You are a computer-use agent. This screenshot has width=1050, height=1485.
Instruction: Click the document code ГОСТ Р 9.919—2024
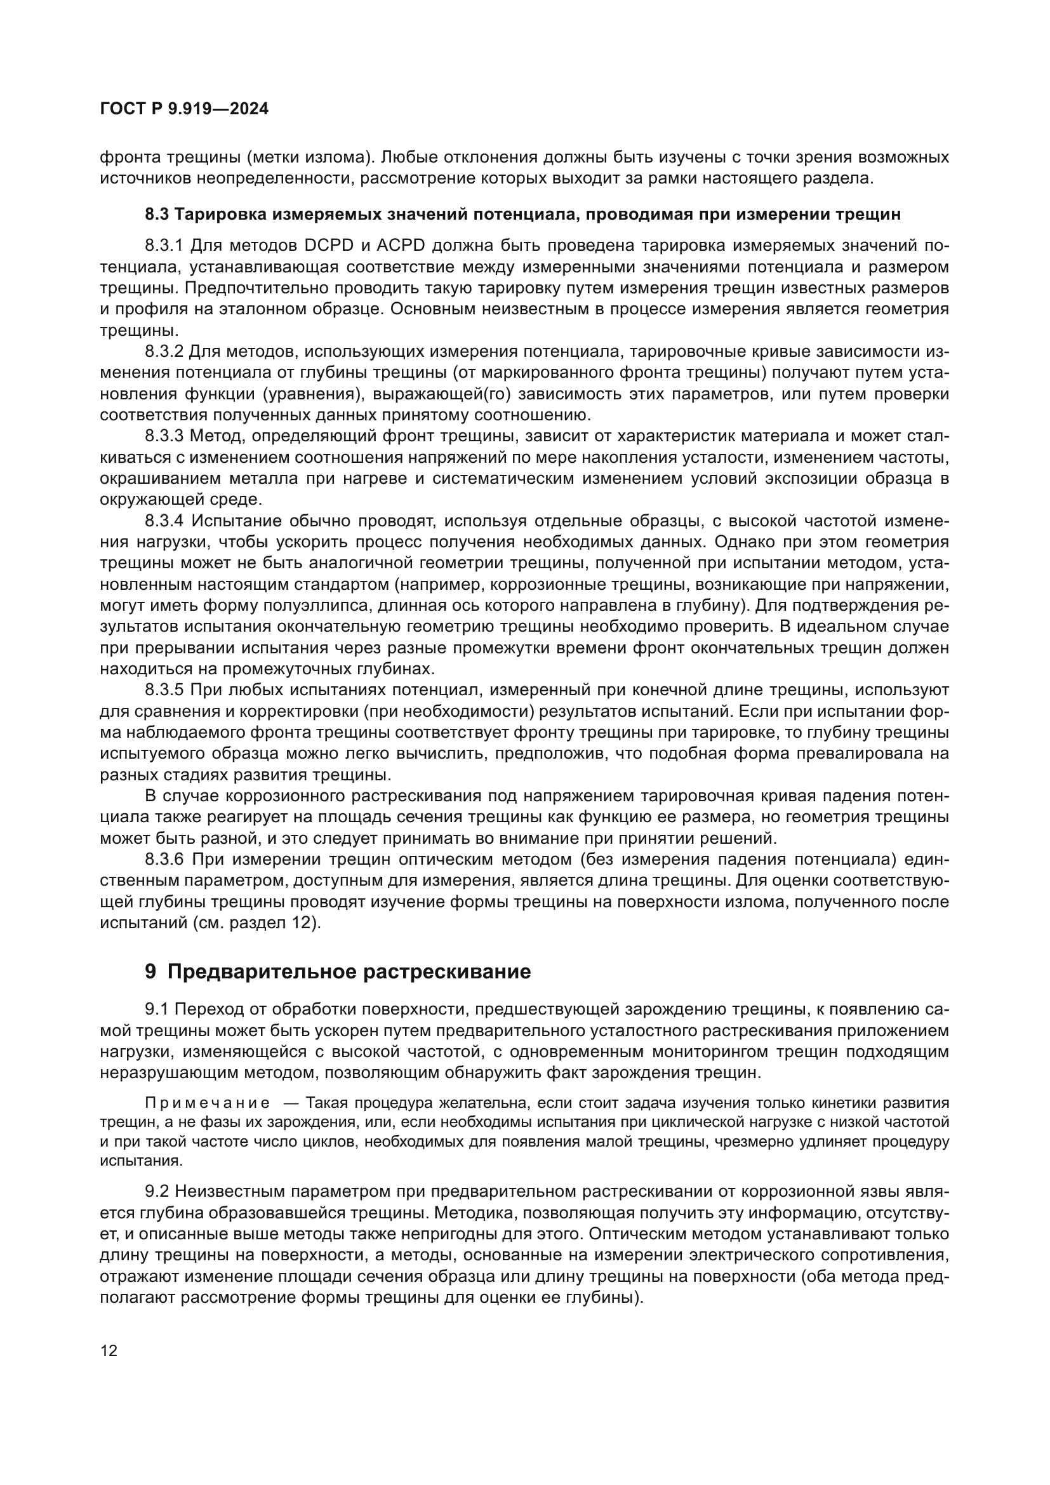point(184,109)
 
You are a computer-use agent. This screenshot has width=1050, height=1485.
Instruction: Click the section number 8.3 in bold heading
point(157,214)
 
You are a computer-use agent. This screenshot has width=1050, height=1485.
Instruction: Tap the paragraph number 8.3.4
point(164,521)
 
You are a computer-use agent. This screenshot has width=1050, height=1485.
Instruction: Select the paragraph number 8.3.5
point(164,690)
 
